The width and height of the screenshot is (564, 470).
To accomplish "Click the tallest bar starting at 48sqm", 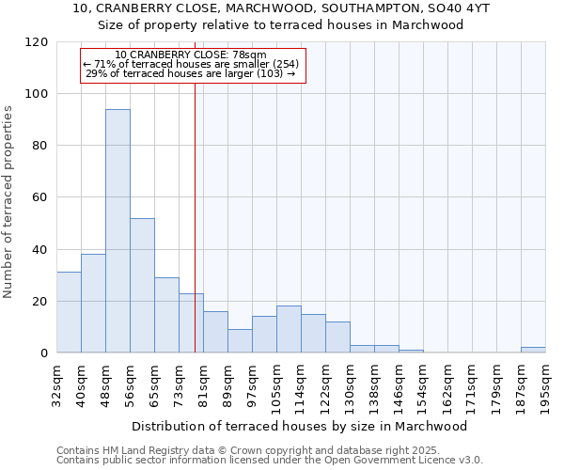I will click(x=117, y=230).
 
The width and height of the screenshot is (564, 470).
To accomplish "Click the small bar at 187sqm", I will click(x=533, y=350).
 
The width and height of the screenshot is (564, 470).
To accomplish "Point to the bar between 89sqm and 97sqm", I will click(x=240, y=341).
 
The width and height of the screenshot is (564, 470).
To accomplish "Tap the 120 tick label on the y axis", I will click(x=37, y=42).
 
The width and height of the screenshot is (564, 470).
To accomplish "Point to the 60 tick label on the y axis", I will click(x=40, y=197).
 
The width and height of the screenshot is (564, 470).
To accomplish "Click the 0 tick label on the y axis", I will click(x=44, y=353).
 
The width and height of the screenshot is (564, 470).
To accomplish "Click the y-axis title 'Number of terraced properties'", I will click(x=8, y=201).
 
